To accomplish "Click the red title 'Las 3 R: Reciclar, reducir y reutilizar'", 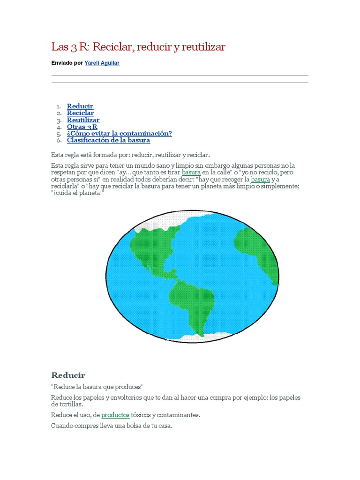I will (138, 47).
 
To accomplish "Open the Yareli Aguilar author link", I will (102, 63).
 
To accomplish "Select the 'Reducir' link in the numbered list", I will (80, 106).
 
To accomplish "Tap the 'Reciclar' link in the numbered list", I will (80, 113).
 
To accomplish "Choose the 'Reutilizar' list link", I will (83, 120).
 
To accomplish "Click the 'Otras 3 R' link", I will (82, 127).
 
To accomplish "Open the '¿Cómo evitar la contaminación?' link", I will (119, 134).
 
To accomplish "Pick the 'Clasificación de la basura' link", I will (108, 140).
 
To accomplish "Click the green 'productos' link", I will (115, 415).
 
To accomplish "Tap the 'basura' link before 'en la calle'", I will (191, 172).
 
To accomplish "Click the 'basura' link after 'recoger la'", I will (261, 180).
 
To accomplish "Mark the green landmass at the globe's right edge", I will (258, 253).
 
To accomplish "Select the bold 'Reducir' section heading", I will (68, 375).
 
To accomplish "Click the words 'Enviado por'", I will (67, 63).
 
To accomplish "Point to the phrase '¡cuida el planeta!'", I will (77, 193).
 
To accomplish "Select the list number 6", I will (59, 140).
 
